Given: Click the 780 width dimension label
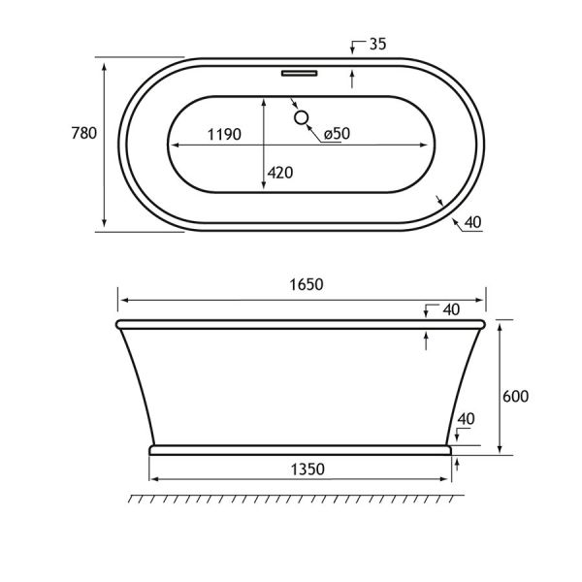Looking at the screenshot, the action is (84, 133).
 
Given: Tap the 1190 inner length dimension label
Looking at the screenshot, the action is (224, 135).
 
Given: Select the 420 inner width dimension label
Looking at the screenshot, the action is (280, 173).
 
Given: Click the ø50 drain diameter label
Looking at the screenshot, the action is (337, 134).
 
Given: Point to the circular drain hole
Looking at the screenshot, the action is (301, 117).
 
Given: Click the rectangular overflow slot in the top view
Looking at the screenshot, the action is (299, 73).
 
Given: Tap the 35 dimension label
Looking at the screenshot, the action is (378, 45).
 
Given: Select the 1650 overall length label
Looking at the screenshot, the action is (307, 284).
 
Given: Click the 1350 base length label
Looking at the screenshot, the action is (307, 469).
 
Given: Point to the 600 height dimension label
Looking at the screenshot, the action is (516, 397).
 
